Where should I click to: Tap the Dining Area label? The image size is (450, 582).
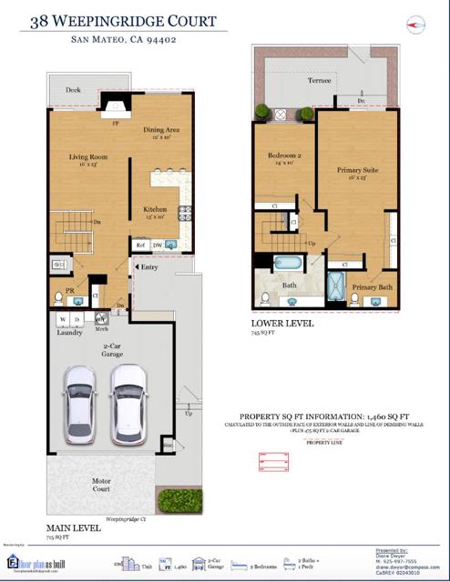pyautogui.click(x=162, y=130)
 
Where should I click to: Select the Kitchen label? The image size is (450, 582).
pyautogui.click(x=154, y=209)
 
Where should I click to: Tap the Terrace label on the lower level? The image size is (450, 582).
pyautogui.click(x=319, y=81)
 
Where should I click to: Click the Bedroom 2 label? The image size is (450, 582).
pyautogui.click(x=284, y=156)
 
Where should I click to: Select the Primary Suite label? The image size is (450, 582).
pyautogui.click(x=356, y=168)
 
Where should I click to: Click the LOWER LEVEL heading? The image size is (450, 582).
pyautogui.click(x=283, y=323)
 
